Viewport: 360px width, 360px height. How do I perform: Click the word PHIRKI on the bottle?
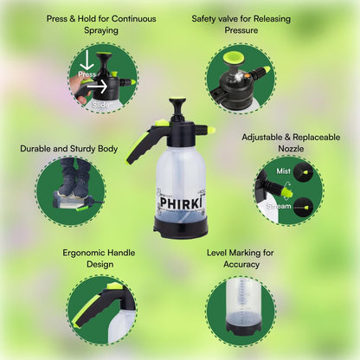(x=180, y=202)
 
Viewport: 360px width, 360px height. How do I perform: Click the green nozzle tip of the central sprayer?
(x=212, y=130)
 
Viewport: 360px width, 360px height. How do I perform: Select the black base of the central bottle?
(x=181, y=227)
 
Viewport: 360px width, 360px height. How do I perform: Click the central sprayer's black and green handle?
(x=144, y=143)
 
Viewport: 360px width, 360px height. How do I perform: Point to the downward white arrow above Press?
(x=87, y=61)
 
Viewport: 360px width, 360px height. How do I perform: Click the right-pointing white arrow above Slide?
(x=97, y=86)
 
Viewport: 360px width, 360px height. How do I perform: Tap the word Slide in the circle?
(x=101, y=105)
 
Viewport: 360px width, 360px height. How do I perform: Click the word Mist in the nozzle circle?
(x=284, y=171)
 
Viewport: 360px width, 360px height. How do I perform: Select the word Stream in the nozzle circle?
(x=279, y=206)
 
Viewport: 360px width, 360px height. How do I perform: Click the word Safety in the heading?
(x=203, y=19)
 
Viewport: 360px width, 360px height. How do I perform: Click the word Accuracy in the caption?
(x=241, y=265)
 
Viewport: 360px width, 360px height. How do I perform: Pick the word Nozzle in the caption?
(x=291, y=149)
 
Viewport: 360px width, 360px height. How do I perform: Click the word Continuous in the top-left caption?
(x=134, y=19)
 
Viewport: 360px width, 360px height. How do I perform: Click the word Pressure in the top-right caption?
(x=241, y=30)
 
